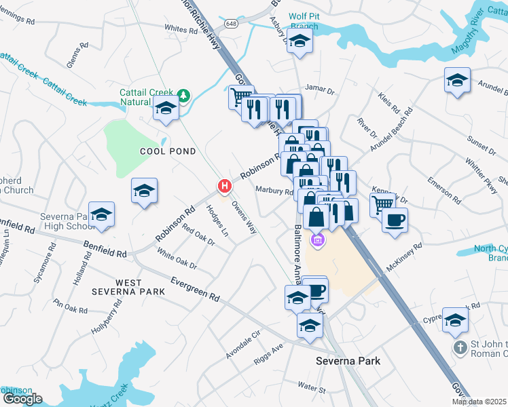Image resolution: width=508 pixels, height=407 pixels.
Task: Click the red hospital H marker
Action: (x=224, y=185)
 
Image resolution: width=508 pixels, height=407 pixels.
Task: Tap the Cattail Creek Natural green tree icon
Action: (x=183, y=95)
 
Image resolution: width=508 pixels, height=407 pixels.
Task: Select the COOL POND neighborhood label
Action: (x=168, y=151)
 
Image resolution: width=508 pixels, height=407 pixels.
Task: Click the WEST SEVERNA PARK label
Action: (x=128, y=287)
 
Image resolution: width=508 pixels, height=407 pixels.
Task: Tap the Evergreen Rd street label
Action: (x=196, y=288)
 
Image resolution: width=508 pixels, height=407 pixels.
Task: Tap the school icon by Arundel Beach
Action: (x=458, y=79)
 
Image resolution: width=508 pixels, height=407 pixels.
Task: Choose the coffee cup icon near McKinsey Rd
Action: (x=394, y=219)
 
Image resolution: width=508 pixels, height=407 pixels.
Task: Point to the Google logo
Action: (x=22, y=399)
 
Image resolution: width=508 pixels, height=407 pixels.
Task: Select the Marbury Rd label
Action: (x=274, y=191)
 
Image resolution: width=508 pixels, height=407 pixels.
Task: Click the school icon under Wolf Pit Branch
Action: (x=299, y=42)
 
